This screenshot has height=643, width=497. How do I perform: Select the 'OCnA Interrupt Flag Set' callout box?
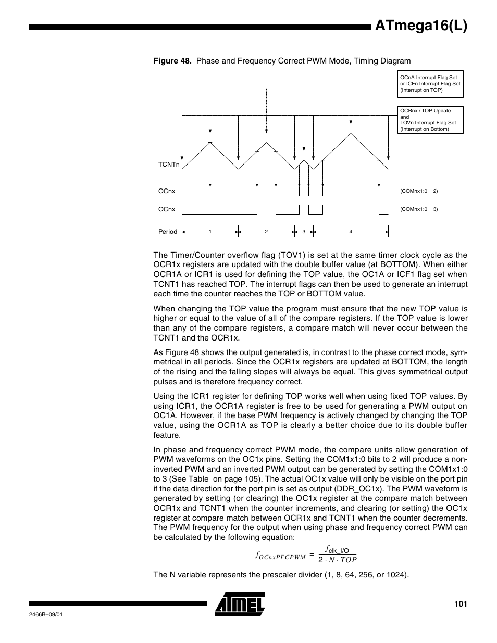(x=430, y=84)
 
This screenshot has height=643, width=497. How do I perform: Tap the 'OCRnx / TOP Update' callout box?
(x=430, y=120)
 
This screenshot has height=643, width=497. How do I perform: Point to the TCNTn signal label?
(x=169, y=165)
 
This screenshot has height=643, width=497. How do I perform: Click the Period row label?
(x=168, y=232)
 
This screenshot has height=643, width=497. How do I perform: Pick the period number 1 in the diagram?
(x=210, y=232)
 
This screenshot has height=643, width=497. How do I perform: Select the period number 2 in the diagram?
(x=266, y=232)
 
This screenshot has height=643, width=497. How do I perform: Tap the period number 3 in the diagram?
(x=303, y=232)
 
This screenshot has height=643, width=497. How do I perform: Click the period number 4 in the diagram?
(x=351, y=232)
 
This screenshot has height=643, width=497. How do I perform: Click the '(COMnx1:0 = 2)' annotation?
(x=419, y=191)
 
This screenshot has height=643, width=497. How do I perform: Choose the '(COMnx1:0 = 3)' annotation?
(x=419, y=209)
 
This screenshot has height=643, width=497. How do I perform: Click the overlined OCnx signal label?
(x=167, y=209)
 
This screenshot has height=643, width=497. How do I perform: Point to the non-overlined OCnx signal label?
(x=167, y=191)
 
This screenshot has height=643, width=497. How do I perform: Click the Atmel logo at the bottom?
(x=240, y=604)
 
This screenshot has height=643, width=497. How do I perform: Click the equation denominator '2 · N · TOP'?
(x=338, y=560)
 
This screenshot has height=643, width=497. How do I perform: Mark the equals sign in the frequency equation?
(x=312, y=555)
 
